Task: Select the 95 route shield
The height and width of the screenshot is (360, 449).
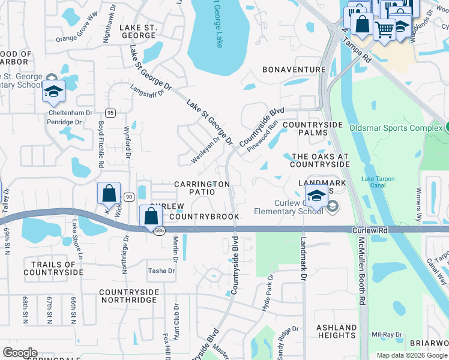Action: [x=110, y=113]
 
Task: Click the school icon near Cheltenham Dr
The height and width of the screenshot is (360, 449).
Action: [x=53, y=92]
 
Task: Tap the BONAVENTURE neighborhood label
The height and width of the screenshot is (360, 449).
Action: [x=294, y=70]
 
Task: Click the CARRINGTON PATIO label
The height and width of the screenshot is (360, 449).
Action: [x=202, y=188]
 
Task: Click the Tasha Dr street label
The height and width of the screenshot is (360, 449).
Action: [x=161, y=271]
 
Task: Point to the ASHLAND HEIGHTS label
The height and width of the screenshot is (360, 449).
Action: [x=336, y=332]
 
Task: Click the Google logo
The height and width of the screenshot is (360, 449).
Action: [x=20, y=353]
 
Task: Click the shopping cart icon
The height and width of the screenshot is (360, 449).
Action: [x=384, y=28]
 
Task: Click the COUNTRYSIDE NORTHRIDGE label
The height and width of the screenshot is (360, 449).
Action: [x=129, y=296]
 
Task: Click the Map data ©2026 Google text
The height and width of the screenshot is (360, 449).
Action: [x=411, y=355]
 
